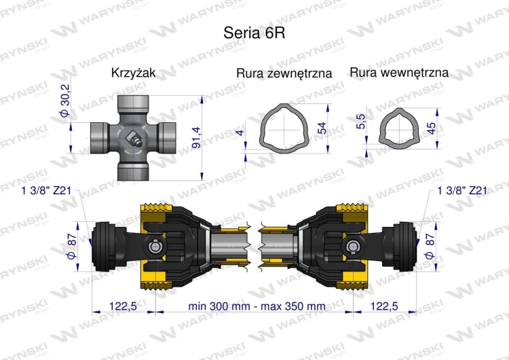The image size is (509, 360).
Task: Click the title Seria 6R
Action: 254,33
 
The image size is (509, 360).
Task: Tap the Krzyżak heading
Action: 134,73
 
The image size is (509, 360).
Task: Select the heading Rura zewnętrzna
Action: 284,73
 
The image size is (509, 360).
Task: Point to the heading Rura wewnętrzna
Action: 399,72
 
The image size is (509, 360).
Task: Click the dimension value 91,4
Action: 196,137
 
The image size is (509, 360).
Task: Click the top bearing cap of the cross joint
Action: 133,104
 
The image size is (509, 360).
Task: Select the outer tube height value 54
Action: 322,128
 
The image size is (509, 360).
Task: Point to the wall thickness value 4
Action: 240,132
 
